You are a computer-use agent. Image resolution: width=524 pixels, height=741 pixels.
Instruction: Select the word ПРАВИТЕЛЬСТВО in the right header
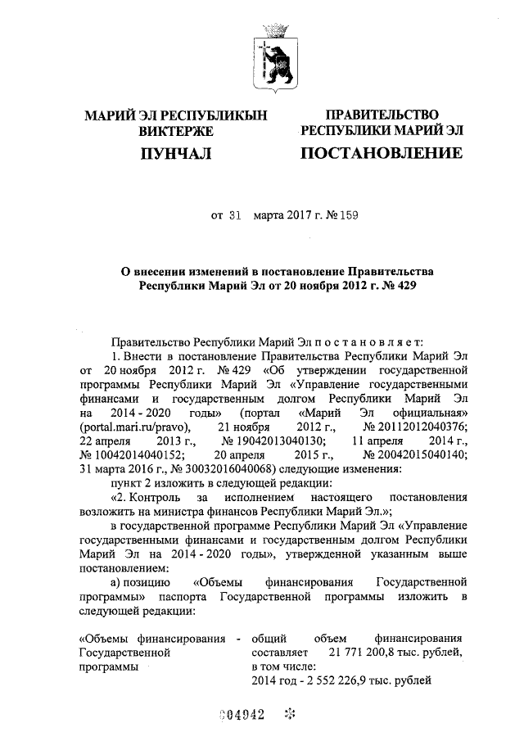pyautogui.click(x=382, y=115)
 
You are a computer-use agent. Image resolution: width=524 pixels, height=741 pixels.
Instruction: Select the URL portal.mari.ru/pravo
pyautogui.click(x=134, y=427)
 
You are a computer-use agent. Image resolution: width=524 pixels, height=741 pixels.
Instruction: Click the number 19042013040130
pyautogui.click(x=273, y=441)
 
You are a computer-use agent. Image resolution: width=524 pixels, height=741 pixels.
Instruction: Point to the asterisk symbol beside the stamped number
pyautogui.click(x=289, y=713)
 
